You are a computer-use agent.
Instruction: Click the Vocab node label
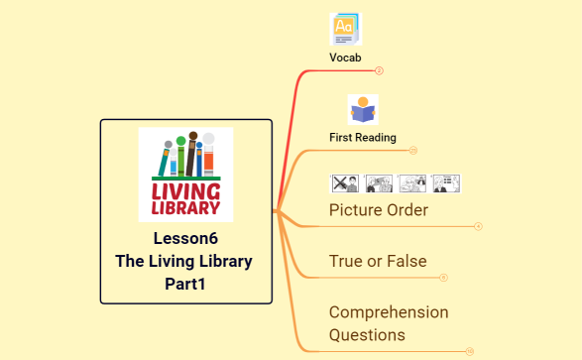pyautogui.click(x=345, y=58)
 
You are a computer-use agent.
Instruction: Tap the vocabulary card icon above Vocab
pyautogui.click(x=346, y=28)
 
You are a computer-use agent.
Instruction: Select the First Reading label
pyautogui.click(x=363, y=137)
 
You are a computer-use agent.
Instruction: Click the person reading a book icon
pyautogui.click(x=363, y=109)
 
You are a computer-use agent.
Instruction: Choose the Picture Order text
pyautogui.click(x=379, y=210)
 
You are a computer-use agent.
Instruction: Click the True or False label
pyautogui.click(x=378, y=262)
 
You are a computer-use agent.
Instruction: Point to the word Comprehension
pyautogui.click(x=389, y=311)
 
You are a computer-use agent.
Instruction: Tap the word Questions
pyautogui.click(x=367, y=335)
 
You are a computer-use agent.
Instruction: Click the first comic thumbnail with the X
pyautogui.click(x=344, y=183)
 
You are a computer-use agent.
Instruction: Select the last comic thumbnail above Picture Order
pyautogui.click(x=445, y=183)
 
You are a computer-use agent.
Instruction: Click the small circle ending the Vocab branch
pyautogui.click(x=380, y=70)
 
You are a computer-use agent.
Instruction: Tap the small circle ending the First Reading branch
pyautogui.click(x=413, y=151)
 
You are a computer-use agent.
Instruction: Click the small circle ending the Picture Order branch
pyautogui.click(x=478, y=226)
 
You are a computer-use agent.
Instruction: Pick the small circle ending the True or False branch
pyautogui.click(x=443, y=278)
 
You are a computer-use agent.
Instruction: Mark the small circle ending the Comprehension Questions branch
pyautogui.click(x=469, y=351)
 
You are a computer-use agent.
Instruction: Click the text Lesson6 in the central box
pyautogui.click(x=185, y=238)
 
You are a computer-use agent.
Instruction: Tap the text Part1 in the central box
pyautogui.click(x=185, y=284)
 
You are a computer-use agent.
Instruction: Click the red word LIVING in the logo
pyautogui.click(x=185, y=189)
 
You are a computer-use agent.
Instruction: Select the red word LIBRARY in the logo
pyautogui.click(x=185, y=208)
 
